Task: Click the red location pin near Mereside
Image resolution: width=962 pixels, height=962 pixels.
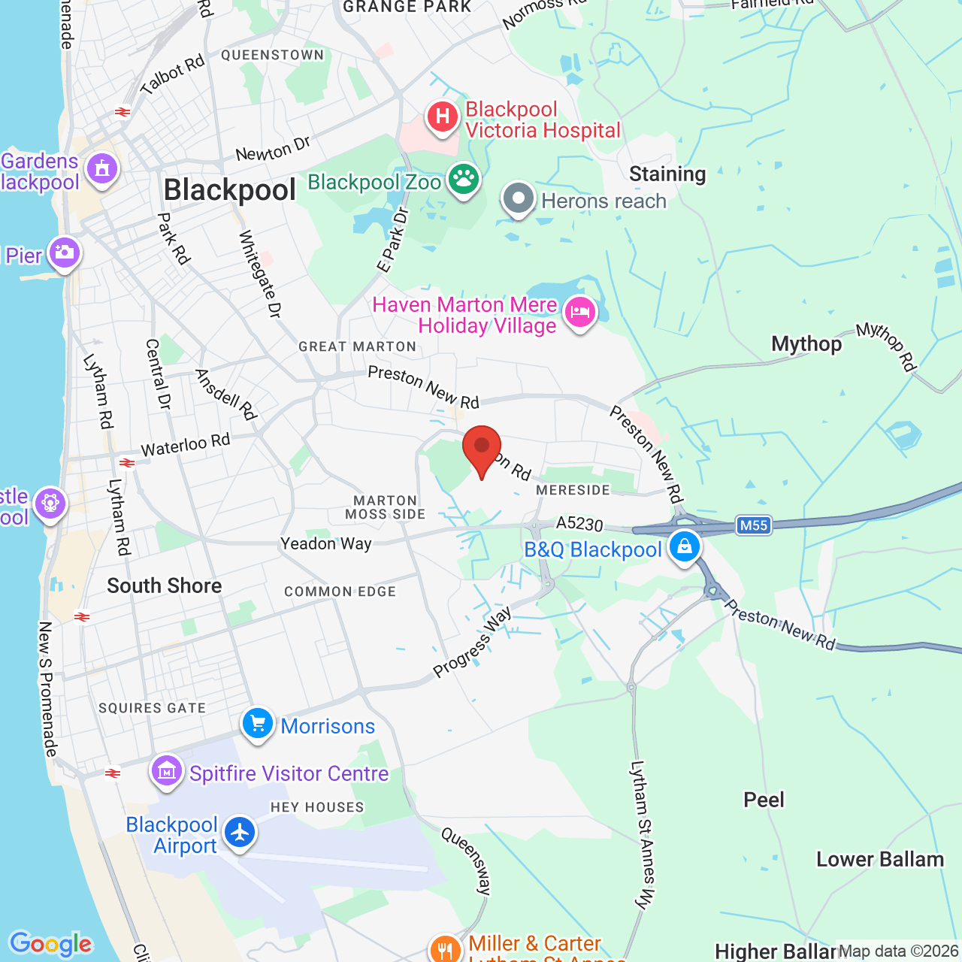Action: (x=482, y=449)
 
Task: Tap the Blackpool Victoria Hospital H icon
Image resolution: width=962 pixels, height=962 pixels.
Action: (x=443, y=117)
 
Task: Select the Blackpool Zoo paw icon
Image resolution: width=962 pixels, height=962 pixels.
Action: (x=464, y=180)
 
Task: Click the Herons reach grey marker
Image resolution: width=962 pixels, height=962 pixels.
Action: (x=518, y=199)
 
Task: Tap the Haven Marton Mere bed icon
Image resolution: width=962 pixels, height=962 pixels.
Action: (x=579, y=312)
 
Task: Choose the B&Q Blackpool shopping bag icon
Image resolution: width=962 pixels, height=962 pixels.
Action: (x=685, y=547)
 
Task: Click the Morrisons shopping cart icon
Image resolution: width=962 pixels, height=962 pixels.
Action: (x=258, y=725)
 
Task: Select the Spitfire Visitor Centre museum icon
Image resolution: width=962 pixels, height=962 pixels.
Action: (x=167, y=771)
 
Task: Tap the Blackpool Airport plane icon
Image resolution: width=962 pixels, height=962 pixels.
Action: (x=240, y=833)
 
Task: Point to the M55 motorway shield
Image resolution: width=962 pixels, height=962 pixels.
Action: (x=754, y=525)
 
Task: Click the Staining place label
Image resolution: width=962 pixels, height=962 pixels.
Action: (x=667, y=174)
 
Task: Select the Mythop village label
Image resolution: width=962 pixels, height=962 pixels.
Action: (x=806, y=344)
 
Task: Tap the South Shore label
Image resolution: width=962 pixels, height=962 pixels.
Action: (x=165, y=586)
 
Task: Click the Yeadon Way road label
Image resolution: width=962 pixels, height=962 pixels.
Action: (x=326, y=543)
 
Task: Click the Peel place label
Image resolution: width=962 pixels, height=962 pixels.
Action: (x=764, y=800)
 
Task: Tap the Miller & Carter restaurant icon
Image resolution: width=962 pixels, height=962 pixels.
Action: (x=446, y=948)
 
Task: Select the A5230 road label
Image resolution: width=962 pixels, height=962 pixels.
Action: (x=579, y=524)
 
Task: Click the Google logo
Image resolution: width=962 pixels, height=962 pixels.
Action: (x=51, y=944)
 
